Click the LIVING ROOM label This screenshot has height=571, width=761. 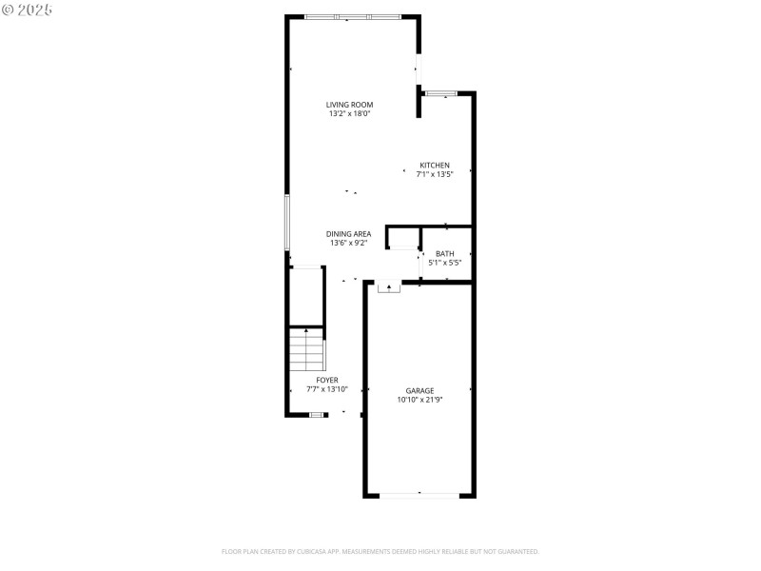[x=349, y=105]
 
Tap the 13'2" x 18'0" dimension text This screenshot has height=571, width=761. [x=349, y=114]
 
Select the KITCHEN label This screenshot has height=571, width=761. [x=435, y=165]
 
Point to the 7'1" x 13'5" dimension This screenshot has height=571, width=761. [x=435, y=174]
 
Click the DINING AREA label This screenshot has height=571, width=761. [x=348, y=233]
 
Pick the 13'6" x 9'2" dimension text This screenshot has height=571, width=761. [x=348, y=243]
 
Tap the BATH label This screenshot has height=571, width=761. [x=445, y=253]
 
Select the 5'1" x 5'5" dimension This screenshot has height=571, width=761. [x=445, y=263]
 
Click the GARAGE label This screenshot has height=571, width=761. [x=420, y=390]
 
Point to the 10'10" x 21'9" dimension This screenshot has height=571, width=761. [x=420, y=400]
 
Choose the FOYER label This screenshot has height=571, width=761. [x=327, y=380]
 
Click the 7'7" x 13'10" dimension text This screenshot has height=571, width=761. [x=327, y=389]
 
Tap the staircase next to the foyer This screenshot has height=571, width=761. [x=306, y=349]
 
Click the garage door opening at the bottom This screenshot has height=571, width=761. [x=419, y=495]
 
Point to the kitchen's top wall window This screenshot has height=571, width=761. [x=441, y=93]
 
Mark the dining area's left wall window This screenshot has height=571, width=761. [x=287, y=223]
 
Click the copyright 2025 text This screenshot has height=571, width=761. [x=28, y=9]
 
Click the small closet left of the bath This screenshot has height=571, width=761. [x=403, y=237]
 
